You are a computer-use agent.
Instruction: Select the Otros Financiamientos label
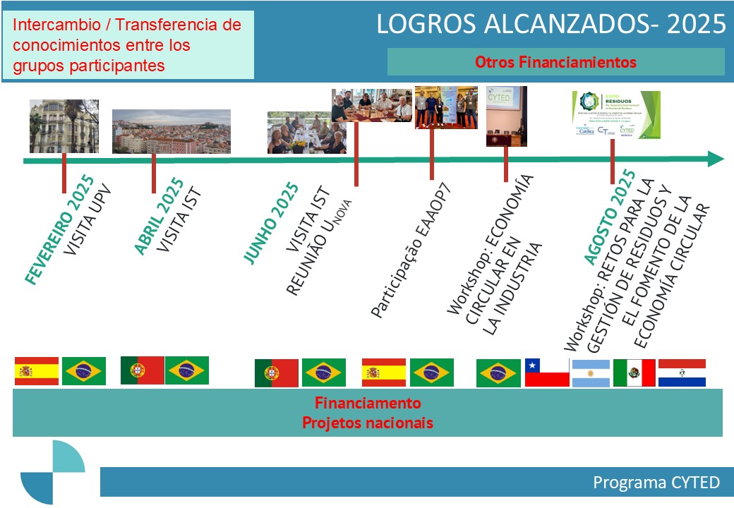pyautogui.click(x=555, y=62)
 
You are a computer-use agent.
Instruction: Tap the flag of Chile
pyautogui.click(x=546, y=373)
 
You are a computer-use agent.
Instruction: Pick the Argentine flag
pyautogui.click(x=591, y=373)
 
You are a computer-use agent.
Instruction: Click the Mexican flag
pyautogui.click(x=634, y=373)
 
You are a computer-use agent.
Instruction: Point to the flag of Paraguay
pyautogui.click(x=682, y=373)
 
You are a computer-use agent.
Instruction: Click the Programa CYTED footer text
pyautogui.click(x=656, y=483)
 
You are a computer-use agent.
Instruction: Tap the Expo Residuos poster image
pyautogui.click(x=615, y=114)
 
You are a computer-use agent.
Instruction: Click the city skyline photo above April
pyautogui.click(x=172, y=131)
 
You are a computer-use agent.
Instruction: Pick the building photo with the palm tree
pyautogui.click(x=64, y=126)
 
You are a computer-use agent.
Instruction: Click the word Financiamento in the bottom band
pyautogui.click(x=367, y=404)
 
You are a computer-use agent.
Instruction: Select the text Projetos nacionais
pyautogui.click(x=367, y=423)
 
